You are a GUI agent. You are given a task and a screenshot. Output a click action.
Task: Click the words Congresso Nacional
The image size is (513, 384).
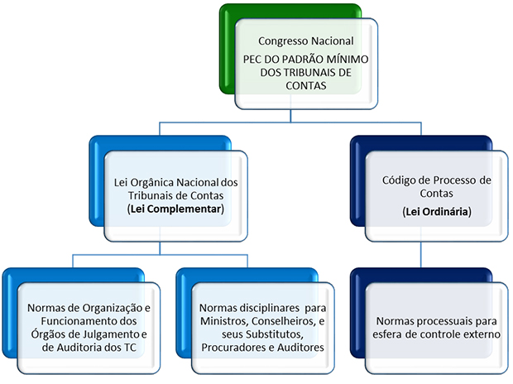click(305, 41)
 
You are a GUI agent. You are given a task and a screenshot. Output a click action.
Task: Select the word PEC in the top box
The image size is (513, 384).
click(253, 60)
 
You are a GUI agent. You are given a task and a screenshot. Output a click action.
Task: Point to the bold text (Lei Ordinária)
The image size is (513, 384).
click(436, 212)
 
